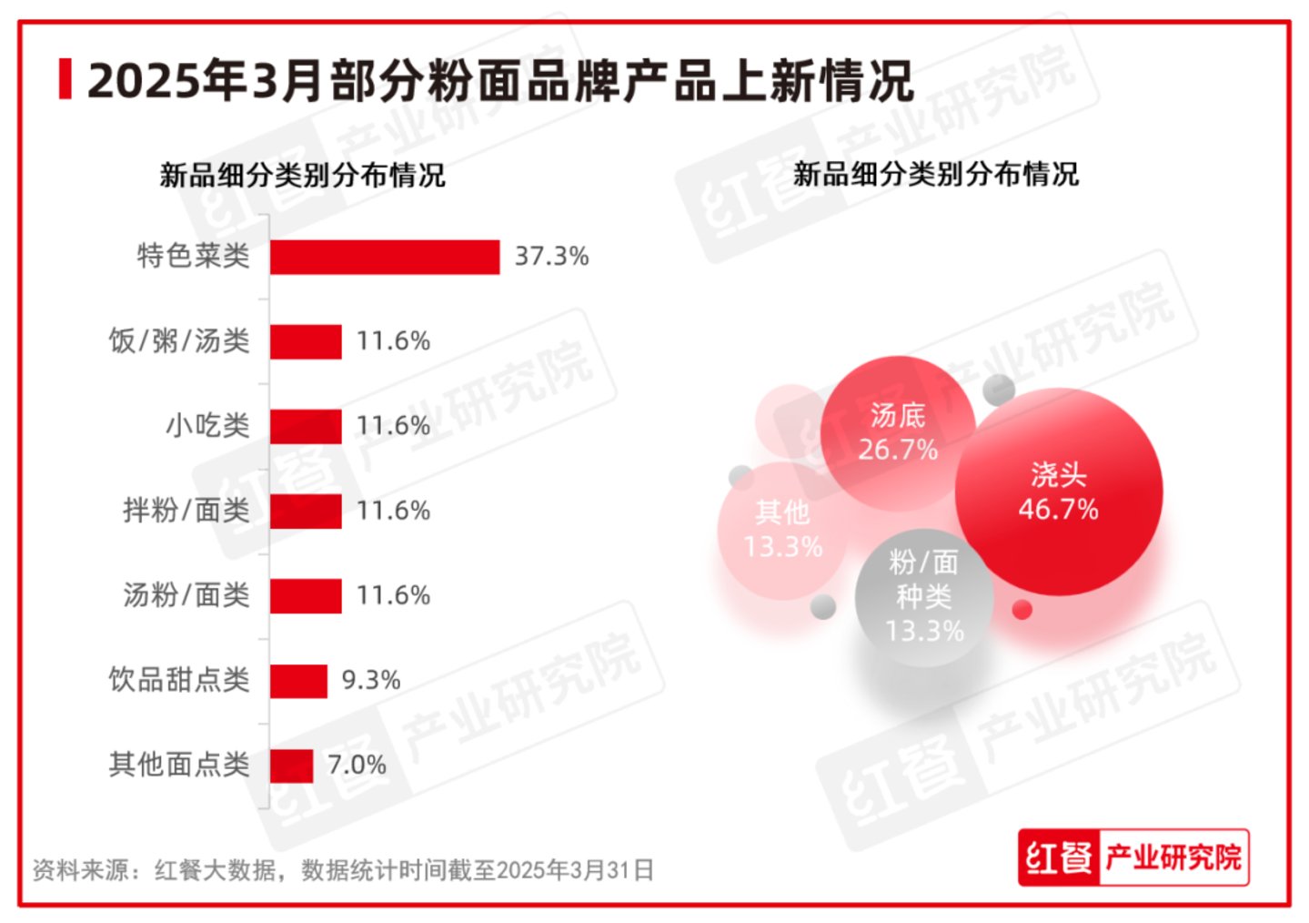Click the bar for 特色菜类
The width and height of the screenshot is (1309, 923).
click(384, 257)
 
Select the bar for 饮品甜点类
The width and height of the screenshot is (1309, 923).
click(298, 681)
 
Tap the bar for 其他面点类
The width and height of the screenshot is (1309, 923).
click(291, 766)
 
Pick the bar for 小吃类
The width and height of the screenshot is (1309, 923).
click(306, 426)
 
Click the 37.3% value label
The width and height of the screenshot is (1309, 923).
click(551, 257)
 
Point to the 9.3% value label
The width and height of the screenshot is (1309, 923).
click(370, 681)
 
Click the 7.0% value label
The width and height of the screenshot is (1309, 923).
click(357, 766)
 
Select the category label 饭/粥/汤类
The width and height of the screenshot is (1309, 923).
click(179, 341)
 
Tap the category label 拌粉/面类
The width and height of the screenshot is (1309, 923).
click(186, 511)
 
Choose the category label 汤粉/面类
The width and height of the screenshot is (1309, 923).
click(186, 595)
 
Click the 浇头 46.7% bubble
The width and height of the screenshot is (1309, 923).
click(1058, 492)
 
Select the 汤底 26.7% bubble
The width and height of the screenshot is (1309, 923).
click(897, 431)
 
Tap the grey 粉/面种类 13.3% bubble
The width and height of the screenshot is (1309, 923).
click(923, 596)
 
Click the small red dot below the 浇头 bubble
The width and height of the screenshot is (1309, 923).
click(1022, 610)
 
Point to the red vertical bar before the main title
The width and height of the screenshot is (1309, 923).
click(65, 79)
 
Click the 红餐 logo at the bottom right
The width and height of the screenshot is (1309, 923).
click(1058, 857)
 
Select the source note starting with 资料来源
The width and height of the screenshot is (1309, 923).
click(343, 870)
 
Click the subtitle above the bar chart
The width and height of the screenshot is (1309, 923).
click(302, 175)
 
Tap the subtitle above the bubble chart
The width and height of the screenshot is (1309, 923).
click(935, 174)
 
